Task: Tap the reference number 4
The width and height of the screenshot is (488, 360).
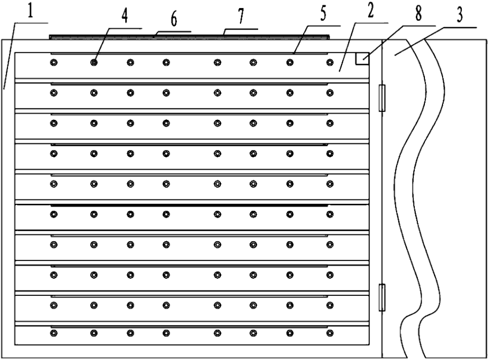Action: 125,16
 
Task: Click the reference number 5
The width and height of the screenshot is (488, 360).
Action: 324,14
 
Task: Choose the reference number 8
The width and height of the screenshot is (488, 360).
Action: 418,13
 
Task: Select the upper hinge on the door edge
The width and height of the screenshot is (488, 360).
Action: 381,97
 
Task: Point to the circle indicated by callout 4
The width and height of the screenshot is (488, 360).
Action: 94,63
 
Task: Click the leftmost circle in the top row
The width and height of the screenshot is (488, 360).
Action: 53,63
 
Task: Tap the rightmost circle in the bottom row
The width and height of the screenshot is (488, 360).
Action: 330,334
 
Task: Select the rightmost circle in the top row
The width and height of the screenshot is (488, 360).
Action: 330,63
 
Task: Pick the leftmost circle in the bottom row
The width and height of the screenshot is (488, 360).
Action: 53,334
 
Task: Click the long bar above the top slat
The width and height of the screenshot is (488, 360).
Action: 189,37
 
